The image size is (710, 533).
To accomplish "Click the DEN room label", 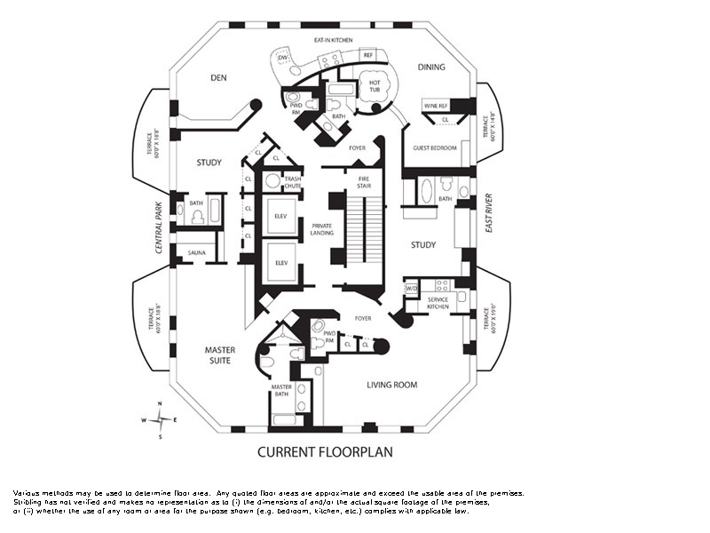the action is (x=219, y=78).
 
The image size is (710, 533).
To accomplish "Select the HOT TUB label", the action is (x=375, y=87).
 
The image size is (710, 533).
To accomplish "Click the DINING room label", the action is (x=431, y=68).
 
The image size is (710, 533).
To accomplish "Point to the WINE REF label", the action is (x=436, y=106).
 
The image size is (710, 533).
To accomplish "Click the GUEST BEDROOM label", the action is (x=435, y=147).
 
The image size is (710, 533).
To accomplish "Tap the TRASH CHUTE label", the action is (x=293, y=182).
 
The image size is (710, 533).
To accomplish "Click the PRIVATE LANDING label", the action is (x=321, y=228).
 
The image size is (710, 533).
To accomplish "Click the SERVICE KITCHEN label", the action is (x=438, y=303).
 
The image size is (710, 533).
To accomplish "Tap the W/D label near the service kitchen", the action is (x=411, y=289).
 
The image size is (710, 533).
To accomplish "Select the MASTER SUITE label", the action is (x=219, y=355).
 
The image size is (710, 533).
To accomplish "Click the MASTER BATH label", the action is (x=281, y=391).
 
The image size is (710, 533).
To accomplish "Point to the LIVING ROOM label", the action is (x=392, y=385).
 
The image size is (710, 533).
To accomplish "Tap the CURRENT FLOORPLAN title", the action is (x=325, y=452).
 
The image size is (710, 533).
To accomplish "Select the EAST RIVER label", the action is (x=489, y=213).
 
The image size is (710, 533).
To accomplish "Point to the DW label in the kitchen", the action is (x=282, y=58).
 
